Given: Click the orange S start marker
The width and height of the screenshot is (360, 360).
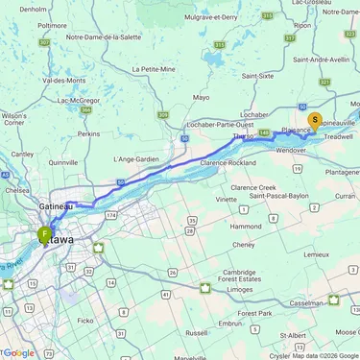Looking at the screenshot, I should pos(315,121).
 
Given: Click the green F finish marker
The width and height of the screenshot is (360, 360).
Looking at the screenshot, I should pos(44,233).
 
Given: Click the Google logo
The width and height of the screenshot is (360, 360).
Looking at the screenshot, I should pos(18,353).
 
